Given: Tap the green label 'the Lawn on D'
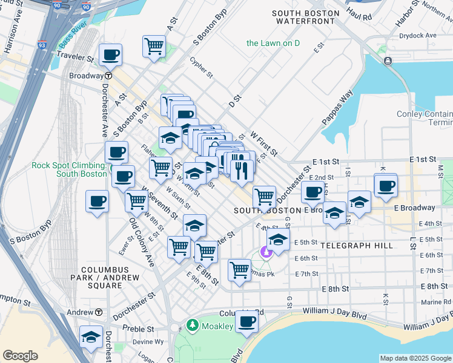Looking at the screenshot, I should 273,43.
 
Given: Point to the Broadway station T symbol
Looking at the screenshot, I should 108,76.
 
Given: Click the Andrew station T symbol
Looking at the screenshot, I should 98,312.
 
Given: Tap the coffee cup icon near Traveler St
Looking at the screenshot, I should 111,55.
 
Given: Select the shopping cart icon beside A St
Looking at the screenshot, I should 154,46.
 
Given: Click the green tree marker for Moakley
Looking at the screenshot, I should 193,326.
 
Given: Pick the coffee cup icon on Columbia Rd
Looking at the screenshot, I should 246,321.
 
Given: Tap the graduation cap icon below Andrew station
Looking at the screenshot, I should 91,338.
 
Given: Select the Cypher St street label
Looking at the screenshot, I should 201,68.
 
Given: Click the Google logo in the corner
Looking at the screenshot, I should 20,356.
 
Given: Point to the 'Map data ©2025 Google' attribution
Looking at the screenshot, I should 415,358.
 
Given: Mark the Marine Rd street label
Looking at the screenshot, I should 435,302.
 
